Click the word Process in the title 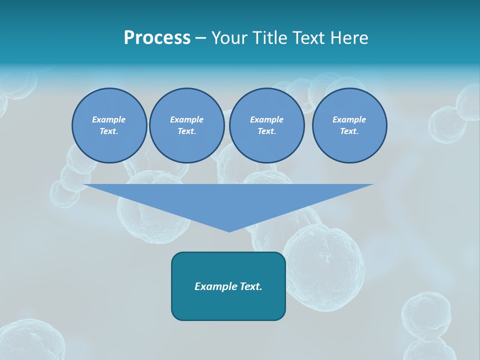(157, 38)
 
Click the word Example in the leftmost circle (109, 119)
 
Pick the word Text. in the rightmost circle (349, 131)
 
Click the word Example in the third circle (266, 119)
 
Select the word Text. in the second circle (186, 131)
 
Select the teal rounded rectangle (228, 305)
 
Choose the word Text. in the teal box (251, 286)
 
